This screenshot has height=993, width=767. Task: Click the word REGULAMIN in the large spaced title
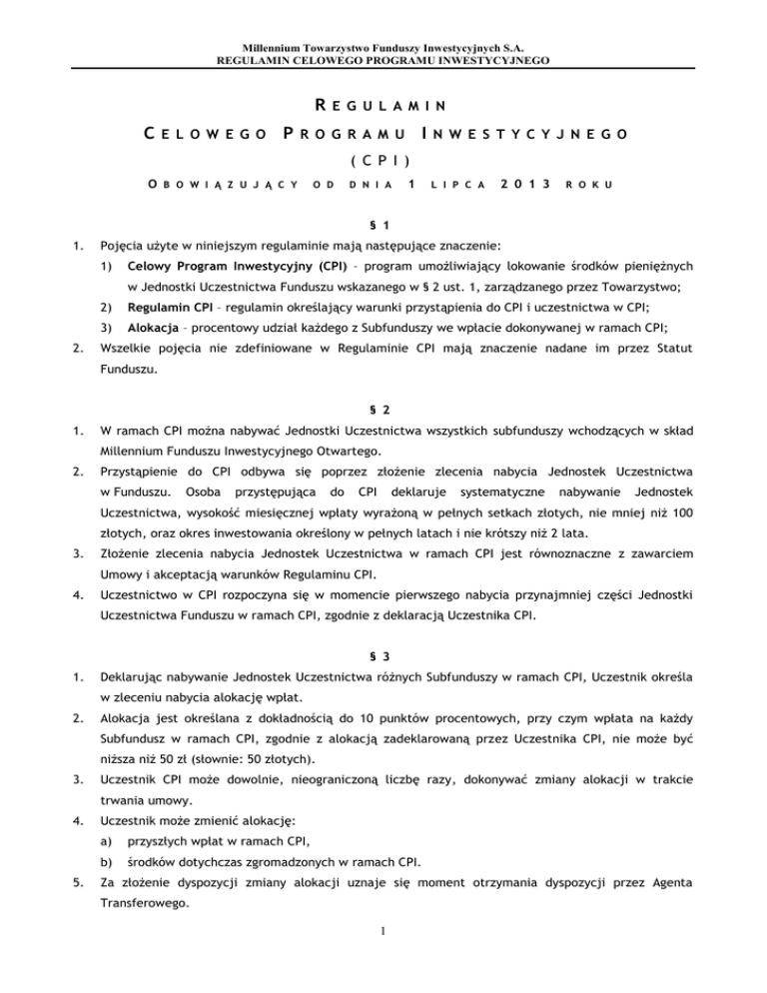tap(384, 104)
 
